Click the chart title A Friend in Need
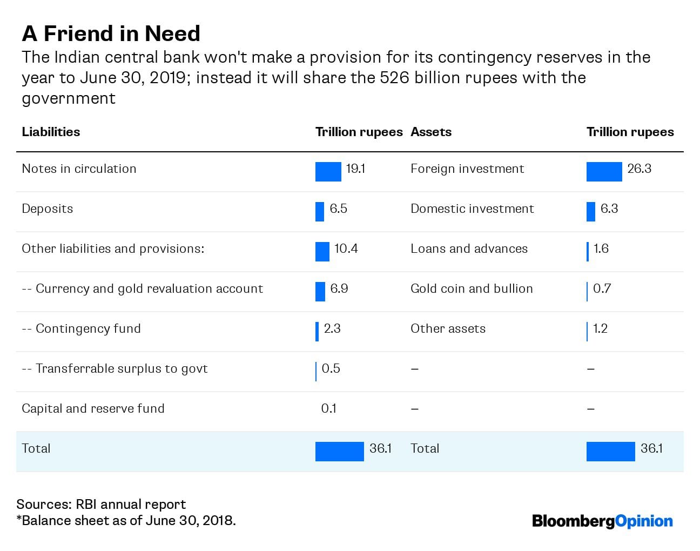(111, 33)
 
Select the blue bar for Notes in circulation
(328, 171)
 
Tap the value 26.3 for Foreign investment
(639, 169)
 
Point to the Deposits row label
(47, 209)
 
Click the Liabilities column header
(51, 132)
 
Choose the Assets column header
(430, 132)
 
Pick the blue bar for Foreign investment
(604, 171)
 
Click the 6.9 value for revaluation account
(339, 288)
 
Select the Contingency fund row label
(81, 328)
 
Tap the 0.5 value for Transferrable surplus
(331, 368)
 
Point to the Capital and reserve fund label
(93, 408)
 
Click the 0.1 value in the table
(328, 408)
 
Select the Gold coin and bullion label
(472, 288)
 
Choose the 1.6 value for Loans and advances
(601, 248)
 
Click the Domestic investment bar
(590, 211)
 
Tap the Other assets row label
(448, 328)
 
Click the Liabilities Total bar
(339, 451)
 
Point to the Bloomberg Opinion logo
(602, 521)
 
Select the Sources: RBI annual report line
(101, 504)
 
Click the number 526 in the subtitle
(393, 78)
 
